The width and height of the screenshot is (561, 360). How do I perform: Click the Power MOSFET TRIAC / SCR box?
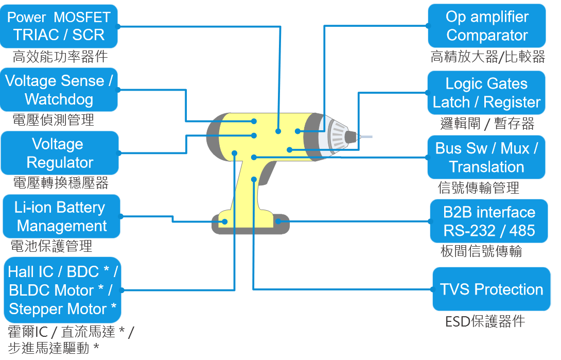click(59, 26)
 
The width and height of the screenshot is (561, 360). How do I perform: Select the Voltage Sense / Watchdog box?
click(59, 90)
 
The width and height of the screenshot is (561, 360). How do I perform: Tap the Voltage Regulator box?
click(60, 153)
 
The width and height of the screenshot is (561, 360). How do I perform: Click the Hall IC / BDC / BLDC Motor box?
click(62, 290)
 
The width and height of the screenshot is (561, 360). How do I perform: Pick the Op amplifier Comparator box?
click(486, 26)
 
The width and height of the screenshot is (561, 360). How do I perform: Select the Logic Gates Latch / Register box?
click(486, 93)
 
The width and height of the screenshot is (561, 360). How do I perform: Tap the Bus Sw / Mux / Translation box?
click(486, 158)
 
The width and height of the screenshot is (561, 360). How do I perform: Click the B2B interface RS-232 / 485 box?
click(489, 221)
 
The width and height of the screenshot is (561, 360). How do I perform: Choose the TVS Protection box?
click(491, 289)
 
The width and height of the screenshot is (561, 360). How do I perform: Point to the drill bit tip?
click(367, 136)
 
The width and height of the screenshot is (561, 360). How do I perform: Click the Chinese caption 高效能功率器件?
click(60, 56)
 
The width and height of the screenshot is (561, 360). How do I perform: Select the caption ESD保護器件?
click(485, 321)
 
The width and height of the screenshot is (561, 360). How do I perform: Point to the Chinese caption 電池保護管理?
click(51, 246)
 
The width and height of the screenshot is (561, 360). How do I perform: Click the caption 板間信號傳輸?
click(481, 251)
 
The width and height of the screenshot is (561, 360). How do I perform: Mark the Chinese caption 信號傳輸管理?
click(478, 187)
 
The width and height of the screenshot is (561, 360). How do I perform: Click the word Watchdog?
click(59, 99)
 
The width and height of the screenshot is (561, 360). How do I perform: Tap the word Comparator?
click(487, 35)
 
